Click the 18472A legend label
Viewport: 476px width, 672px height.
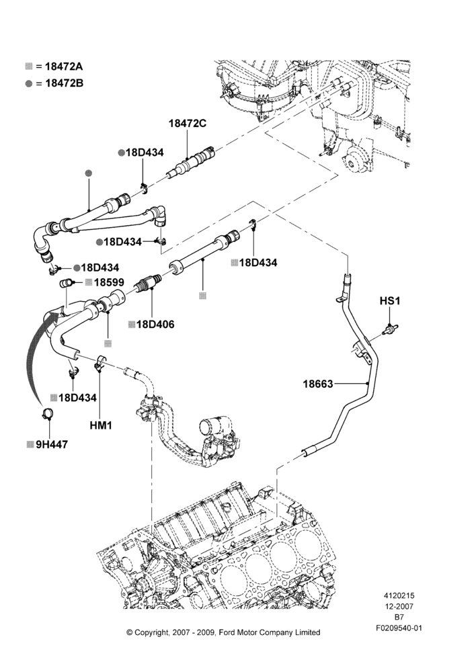(64, 67)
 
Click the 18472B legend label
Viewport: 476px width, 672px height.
(65, 83)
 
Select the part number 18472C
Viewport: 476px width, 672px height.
(188, 124)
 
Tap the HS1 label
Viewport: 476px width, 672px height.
(390, 301)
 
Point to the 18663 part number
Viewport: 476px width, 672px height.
(318, 384)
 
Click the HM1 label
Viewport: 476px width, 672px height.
(101, 425)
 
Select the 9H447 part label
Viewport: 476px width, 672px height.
(52, 445)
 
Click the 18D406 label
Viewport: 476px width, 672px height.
(155, 325)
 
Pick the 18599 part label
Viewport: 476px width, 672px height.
(109, 282)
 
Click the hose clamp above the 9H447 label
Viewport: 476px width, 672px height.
(49, 414)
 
